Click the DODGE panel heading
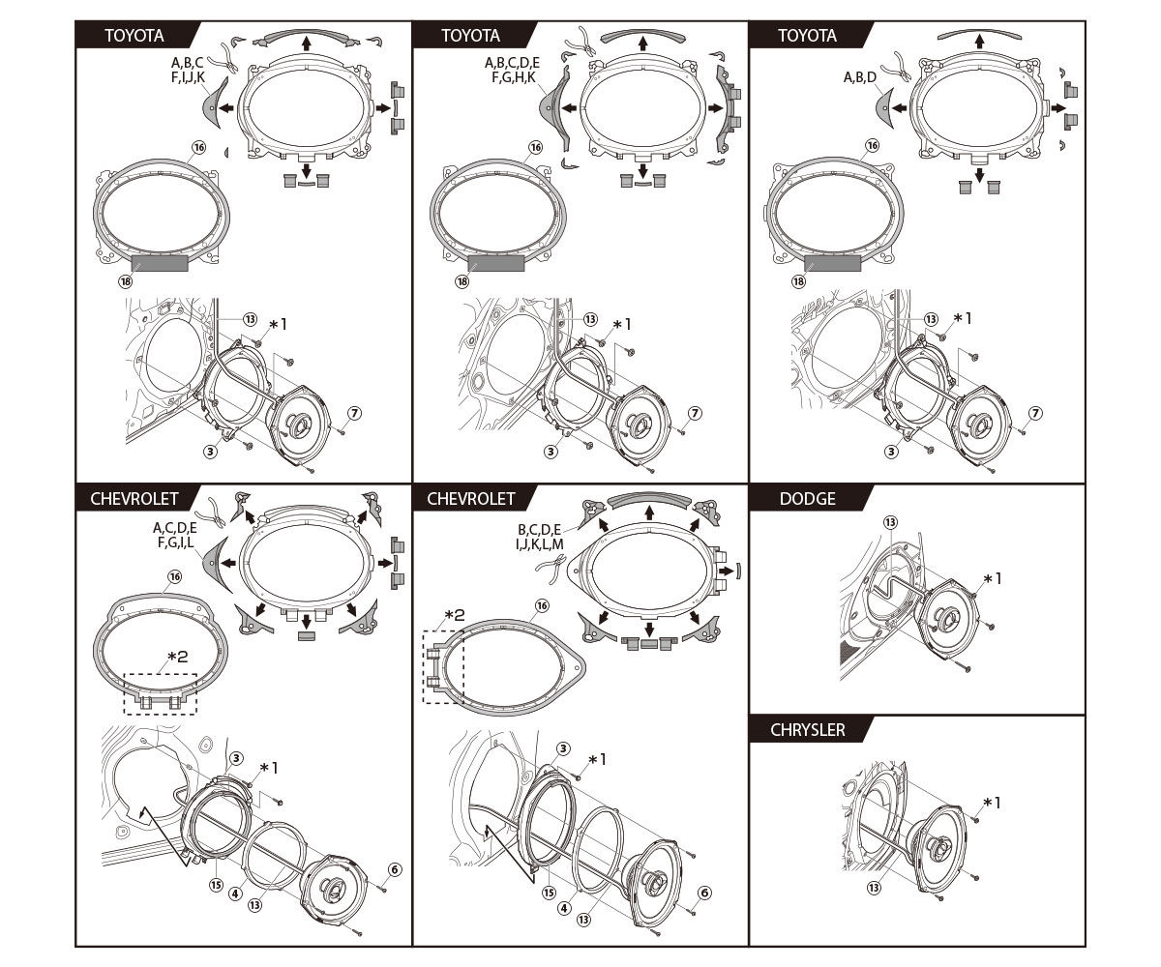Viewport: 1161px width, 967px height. point(807,499)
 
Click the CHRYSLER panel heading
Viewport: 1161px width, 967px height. point(807,730)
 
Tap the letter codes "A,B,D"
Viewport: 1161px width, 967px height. point(860,77)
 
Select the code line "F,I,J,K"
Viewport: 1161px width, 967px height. point(188,76)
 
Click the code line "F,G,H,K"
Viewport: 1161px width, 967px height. point(512,76)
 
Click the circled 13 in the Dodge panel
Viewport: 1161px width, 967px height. point(890,521)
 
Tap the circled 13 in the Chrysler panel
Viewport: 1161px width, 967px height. point(874,887)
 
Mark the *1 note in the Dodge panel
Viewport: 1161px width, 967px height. point(992,578)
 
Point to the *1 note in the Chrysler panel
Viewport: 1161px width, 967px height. point(992,803)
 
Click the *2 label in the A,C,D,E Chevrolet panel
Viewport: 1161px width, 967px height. point(178,658)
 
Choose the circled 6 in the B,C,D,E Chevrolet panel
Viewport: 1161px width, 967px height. point(704,893)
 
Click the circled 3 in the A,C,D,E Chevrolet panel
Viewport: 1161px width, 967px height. point(236,759)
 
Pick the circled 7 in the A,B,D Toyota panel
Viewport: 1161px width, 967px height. point(1035,413)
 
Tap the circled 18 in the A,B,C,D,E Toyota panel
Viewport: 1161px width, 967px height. point(461,281)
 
